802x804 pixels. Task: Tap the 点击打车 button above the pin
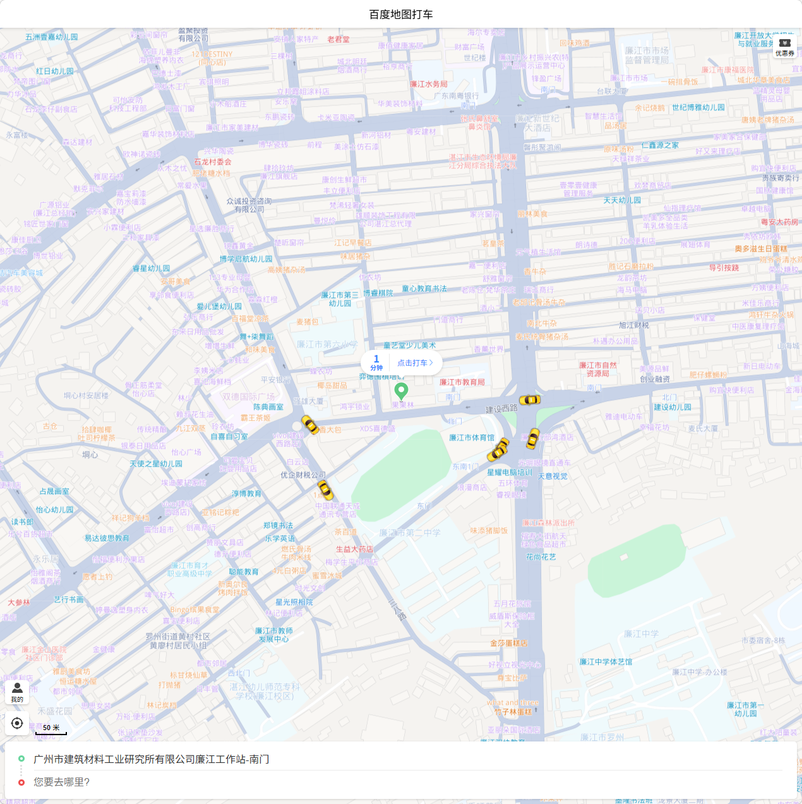(x=415, y=363)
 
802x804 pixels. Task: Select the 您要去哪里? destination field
(x=62, y=782)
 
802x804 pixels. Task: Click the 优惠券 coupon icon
(x=785, y=47)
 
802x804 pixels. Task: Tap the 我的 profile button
(x=17, y=692)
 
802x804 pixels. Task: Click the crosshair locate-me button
(x=17, y=723)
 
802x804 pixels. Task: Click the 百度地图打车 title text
(x=401, y=14)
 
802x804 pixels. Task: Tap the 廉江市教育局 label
(x=462, y=382)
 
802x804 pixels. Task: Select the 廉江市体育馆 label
(x=472, y=438)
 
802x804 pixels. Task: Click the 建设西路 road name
(x=501, y=409)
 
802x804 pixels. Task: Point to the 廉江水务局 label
(x=429, y=84)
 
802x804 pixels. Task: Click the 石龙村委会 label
(x=213, y=162)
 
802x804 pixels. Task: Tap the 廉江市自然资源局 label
(x=598, y=369)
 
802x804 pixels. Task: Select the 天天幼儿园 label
(x=622, y=200)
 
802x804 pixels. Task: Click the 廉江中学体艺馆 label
(x=606, y=662)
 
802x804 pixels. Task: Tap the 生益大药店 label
(x=354, y=549)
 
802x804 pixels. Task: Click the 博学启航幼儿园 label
(x=246, y=259)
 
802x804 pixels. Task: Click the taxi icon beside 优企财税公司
(x=325, y=489)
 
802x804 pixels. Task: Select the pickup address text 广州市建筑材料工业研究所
(x=152, y=759)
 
